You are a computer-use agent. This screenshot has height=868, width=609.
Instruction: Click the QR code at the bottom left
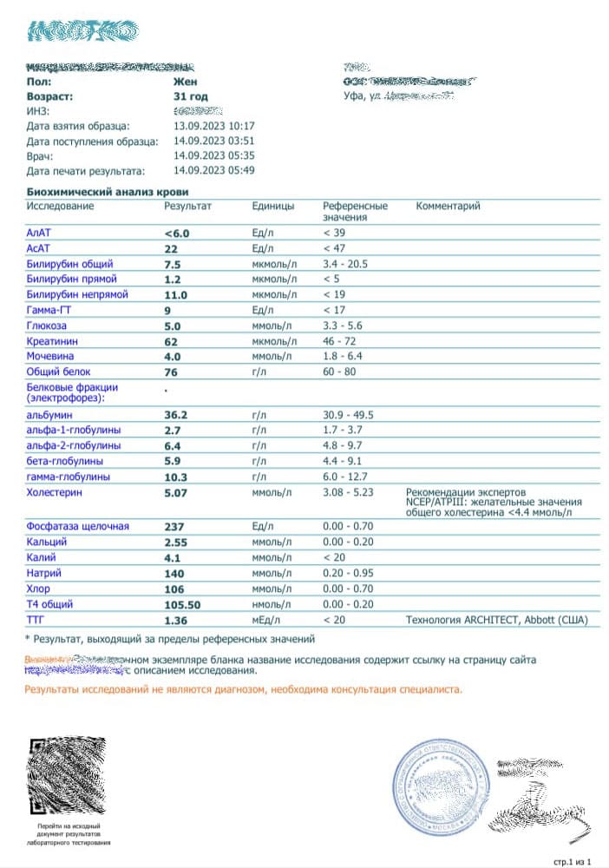click(x=68, y=777)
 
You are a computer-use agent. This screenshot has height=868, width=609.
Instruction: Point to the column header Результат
click(x=187, y=207)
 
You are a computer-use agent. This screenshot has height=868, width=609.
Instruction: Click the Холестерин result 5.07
click(x=181, y=493)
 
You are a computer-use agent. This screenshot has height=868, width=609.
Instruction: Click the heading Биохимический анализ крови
click(x=108, y=192)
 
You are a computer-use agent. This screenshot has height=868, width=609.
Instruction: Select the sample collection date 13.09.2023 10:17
click(x=213, y=126)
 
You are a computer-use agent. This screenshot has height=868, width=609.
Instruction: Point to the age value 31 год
click(x=191, y=96)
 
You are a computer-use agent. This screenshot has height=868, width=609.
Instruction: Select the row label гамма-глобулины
click(x=69, y=477)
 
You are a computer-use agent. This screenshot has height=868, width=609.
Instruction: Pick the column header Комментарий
click(x=448, y=207)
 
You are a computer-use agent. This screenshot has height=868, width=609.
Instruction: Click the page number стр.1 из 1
click(x=572, y=861)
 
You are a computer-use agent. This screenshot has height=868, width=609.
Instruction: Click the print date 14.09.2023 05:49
click(x=213, y=170)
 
